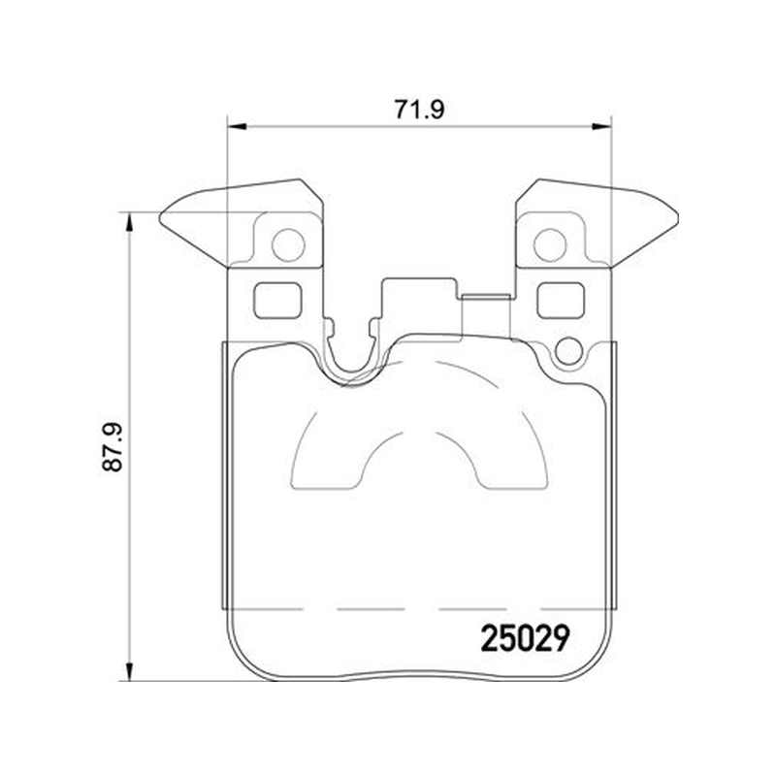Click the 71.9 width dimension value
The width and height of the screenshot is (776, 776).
pos(419,110)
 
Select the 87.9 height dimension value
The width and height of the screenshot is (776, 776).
pos(113,447)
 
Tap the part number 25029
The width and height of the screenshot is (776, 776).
pos(525,638)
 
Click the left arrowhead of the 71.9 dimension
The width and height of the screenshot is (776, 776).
pos(237,127)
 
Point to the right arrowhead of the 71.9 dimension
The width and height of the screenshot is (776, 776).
pos(602,127)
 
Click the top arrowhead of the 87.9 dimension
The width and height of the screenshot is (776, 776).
pos(130,222)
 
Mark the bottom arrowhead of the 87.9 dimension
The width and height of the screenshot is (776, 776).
pos(130,671)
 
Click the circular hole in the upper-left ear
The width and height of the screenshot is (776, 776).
pos(288,245)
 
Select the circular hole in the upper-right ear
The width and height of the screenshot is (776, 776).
pos(550,245)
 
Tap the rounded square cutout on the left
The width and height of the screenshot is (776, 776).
pos(277,301)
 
